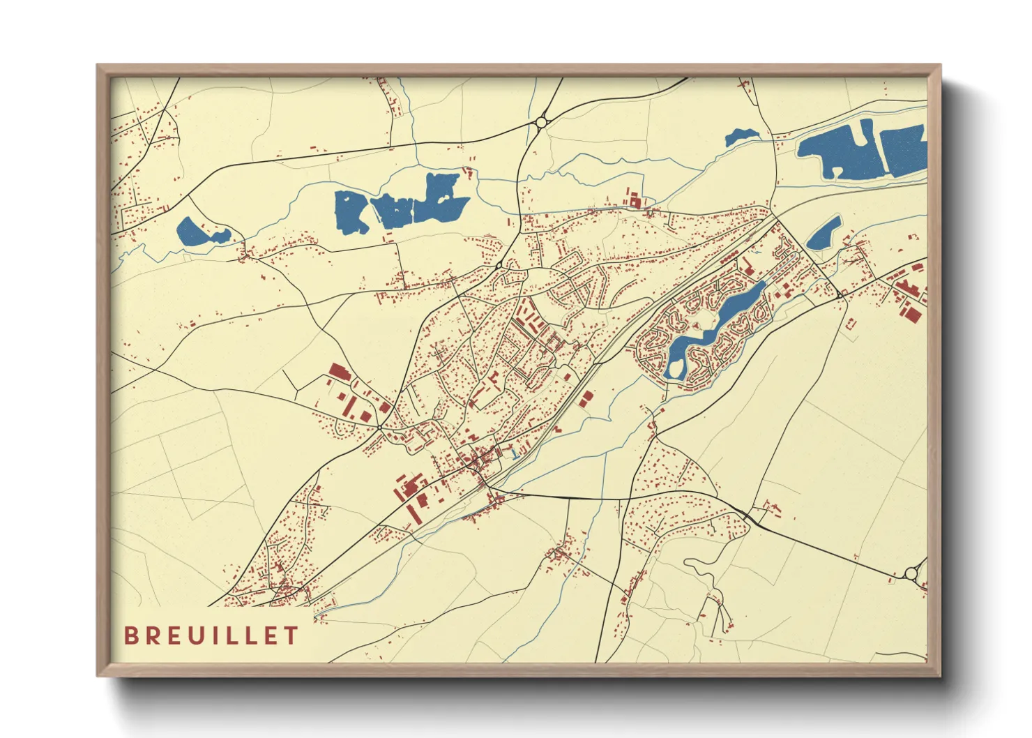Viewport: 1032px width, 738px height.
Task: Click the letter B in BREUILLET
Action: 130,635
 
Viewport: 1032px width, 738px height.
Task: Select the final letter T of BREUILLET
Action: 291,635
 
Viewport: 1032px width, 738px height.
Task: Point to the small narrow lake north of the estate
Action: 824,233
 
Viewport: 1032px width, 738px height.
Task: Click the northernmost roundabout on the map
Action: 541,123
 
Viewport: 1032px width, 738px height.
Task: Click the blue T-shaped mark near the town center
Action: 513,454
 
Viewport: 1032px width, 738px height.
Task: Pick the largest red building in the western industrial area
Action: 339,371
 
